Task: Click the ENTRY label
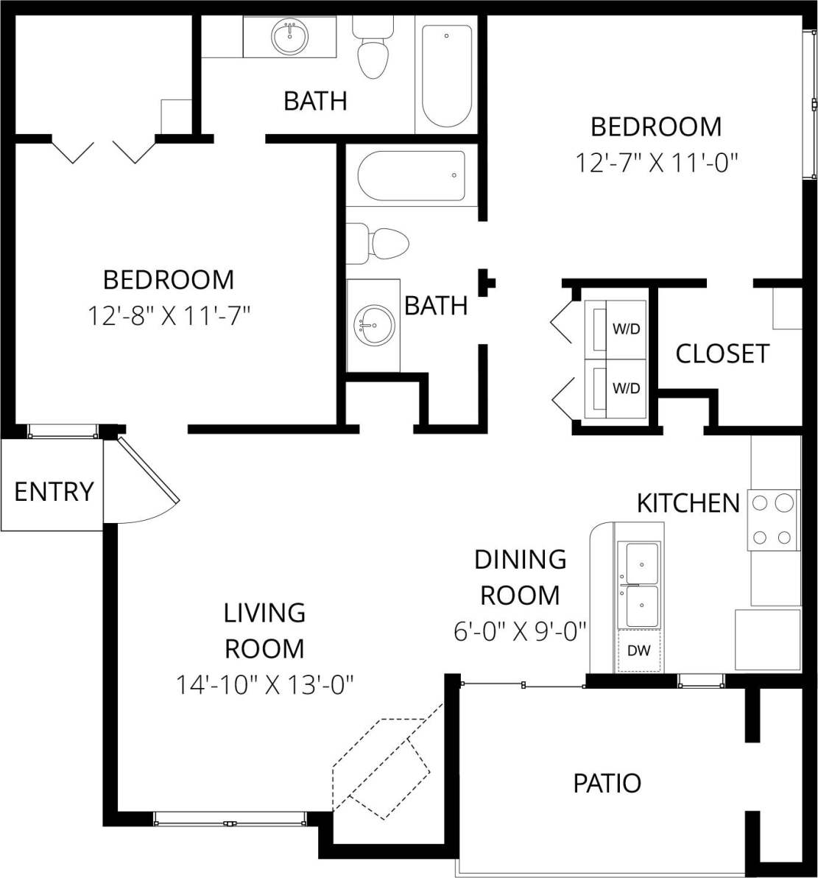(x=54, y=491)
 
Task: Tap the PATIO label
(x=607, y=782)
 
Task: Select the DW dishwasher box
(x=638, y=650)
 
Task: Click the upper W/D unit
(x=615, y=329)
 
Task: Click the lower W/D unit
(x=615, y=388)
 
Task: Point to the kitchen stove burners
(x=772, y=520)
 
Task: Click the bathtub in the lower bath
(x=412, y=175)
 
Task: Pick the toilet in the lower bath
(x=380, y=244)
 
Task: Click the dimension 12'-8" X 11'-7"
(x=169, y=317)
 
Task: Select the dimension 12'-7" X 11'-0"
(x=656, y=162)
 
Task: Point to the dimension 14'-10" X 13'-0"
(x=264, y=685)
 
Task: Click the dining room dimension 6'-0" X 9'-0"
(x=520, y=631)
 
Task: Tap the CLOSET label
(x=722, y=354)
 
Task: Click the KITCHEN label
(x=688, y=503)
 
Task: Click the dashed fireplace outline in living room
(x=381, y=766)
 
